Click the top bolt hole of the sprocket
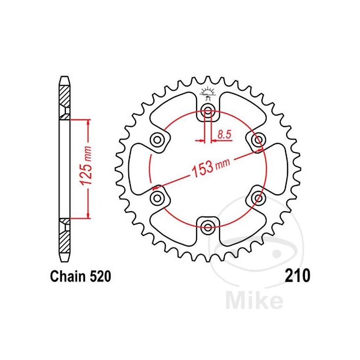pyautogui.click(x=207, y=111)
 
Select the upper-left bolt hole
pyautogui.click(x=157, y=140)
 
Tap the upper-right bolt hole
pyautogui.click(x=258, y=140)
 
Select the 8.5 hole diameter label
pyautogui.click(x=224, y=134)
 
